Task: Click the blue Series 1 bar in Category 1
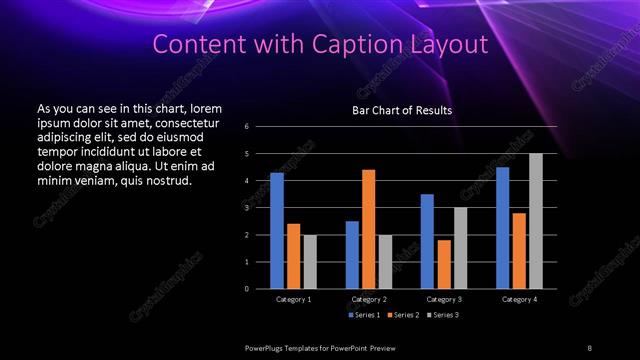point(277,231)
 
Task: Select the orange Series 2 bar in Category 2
point(369,229)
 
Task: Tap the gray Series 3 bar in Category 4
point(536,221)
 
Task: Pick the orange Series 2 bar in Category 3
point(444,264)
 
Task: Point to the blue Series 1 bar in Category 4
point(502,228)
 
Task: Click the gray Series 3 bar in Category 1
point(310,261)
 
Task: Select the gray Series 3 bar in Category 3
point(461,248)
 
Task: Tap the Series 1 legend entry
point(364,315)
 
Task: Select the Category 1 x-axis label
point(293,299)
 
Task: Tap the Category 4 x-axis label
point(519,299)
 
